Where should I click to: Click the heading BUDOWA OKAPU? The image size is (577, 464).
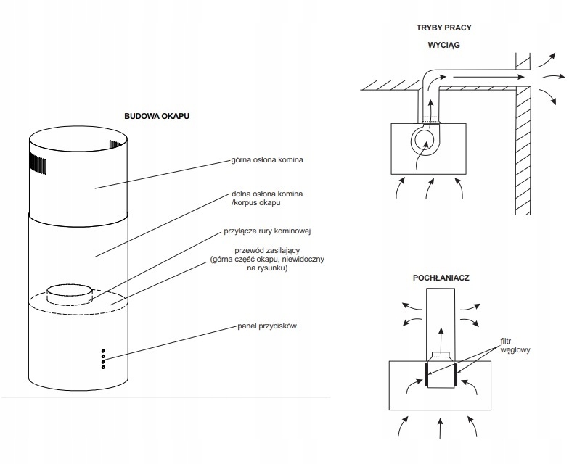(x=157, y=116)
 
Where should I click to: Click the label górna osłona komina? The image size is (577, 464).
(x=267, y=160)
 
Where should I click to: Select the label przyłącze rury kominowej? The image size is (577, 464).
(x=268, y=231)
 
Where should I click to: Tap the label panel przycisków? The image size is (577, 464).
(x=267, y=326)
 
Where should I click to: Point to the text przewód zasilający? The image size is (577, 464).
(x=268, y=251)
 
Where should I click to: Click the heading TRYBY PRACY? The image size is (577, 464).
(x=443, y=28)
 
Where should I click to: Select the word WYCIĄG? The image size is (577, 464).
(x=443, y=45)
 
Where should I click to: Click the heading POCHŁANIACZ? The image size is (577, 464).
(x=441, y=278)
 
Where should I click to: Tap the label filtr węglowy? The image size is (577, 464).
(x=515, y=346)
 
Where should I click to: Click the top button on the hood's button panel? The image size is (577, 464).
(x=103, y=351)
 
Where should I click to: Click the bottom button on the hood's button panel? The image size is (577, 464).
(x=103, y=368)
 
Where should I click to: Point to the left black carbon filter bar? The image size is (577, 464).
(x=426, y=374)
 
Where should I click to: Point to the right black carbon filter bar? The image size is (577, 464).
(x=455, y=374)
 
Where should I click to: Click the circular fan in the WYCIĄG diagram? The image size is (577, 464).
(x=425, y=141)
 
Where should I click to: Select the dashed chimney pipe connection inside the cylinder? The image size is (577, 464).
(x=70, y=294)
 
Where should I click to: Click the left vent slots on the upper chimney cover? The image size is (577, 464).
(x=38, y=163)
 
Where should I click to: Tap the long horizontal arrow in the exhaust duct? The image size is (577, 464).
(x=488, y=77)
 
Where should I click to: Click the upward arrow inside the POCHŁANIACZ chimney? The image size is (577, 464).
(x=441, y=336)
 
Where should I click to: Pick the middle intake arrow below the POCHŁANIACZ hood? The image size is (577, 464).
(x=440, y=428)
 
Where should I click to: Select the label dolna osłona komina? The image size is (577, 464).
(x=267, y=194)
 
